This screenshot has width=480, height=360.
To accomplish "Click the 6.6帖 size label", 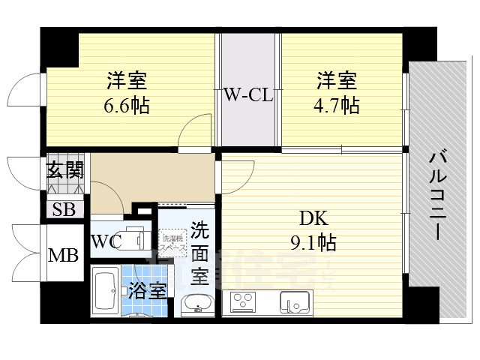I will (127, 104).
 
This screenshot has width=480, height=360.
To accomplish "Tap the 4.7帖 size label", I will (336, 104).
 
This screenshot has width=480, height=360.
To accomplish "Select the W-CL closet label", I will (248, 95).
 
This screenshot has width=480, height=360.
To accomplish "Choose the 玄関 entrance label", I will (64, 169).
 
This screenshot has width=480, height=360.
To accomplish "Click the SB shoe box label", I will (64, 209).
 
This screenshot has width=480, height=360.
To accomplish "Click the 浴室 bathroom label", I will (146, 289).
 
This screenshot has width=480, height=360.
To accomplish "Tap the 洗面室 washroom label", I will (198, 251).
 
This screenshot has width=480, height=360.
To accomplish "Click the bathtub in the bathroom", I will (104, 292).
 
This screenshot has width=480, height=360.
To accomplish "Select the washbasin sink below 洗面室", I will (198, 304).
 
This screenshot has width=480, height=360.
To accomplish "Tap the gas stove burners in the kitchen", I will (244, 301).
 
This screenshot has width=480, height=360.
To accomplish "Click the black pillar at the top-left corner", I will (58, 46).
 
